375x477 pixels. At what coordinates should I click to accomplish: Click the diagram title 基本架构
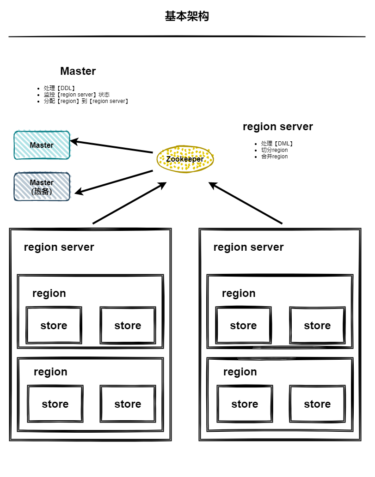pyautogui.click(x=187, y=16)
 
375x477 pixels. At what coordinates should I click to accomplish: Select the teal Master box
pyautogui.click(x=42, y=145)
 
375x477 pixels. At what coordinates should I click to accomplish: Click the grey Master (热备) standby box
pyautogui.click(x=42, y=187)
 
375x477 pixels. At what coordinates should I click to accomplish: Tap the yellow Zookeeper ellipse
pyautogui.click(x=185, y=159)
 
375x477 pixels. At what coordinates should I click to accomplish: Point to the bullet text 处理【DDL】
pyautogui.click(x=59, y=88)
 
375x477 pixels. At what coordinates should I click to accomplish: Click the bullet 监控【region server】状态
pyautogui.click(x=76, y=95)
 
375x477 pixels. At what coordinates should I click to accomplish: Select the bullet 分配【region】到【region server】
pyautogui.click(x=86, y=101)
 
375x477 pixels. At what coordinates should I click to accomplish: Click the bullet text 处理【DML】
pyautogui.click(x=277, y=144)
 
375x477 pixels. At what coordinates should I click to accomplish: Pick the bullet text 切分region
pyautogui.click(x=274, y=150)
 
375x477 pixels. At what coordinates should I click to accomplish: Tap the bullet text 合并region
pyautogui.click(x=274, y=157)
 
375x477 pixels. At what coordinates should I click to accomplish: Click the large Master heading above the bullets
pyautogui.click(x=78, y=71)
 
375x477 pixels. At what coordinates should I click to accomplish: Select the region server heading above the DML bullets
pyautogui.click(x=278, y=127)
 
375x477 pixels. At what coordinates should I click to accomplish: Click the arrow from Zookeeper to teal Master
pyautogui.click(x=111, y=146)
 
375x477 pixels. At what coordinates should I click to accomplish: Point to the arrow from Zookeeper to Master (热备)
pyautogui.click(x=114, y=181)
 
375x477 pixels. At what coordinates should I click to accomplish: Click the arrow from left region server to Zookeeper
pyautogui.click(x=129, y=203)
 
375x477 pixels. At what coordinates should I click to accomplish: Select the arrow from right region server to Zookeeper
pyautogui.click(x=245, y=203)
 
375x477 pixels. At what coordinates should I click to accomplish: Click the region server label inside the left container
pyautogui.click(x=59, y=248)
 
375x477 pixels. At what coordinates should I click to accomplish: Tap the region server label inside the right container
pyautogui.click(x=249, y=248)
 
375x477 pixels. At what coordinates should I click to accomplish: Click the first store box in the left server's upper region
pyautogui.click(x=54, y=325)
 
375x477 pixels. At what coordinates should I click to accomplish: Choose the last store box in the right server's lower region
pyautogui.click(x=317, y=404)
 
